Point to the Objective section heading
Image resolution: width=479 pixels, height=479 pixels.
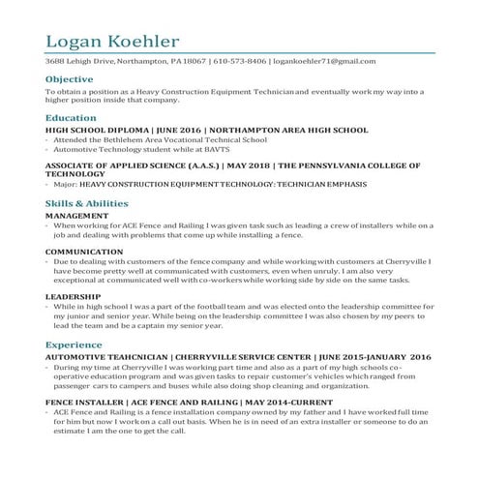70,78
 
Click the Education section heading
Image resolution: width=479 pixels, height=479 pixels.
71,116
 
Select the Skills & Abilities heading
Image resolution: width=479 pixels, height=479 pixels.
87,203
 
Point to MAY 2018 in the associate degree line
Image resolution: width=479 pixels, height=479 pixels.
234,165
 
